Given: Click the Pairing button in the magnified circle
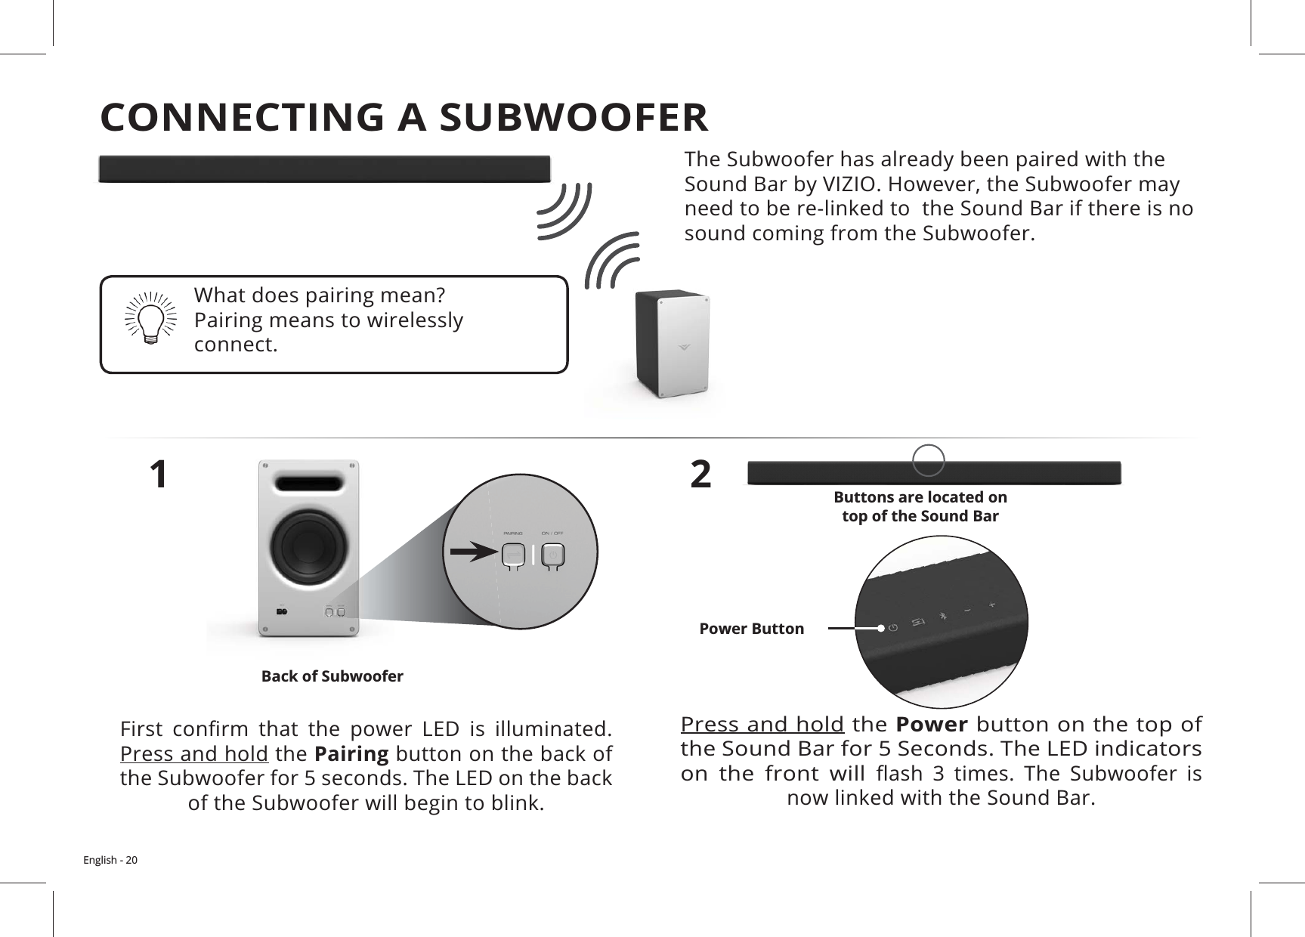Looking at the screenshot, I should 513,555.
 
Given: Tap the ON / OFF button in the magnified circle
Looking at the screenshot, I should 554,555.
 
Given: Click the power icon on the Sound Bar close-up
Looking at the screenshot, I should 893,627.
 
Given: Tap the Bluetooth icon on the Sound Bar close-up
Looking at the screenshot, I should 942,616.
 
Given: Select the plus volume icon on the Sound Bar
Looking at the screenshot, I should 991,605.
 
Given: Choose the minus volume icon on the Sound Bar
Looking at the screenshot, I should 967,611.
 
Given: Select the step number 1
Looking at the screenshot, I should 158,475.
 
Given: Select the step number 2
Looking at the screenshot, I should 701,475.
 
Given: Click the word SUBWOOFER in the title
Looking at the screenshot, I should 574,117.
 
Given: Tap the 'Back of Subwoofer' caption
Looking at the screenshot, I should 332,676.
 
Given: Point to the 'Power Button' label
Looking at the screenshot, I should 751,629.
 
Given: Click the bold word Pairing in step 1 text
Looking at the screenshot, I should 351,754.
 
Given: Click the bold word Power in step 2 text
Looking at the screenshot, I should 931,725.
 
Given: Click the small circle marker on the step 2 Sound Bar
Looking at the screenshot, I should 929,460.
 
